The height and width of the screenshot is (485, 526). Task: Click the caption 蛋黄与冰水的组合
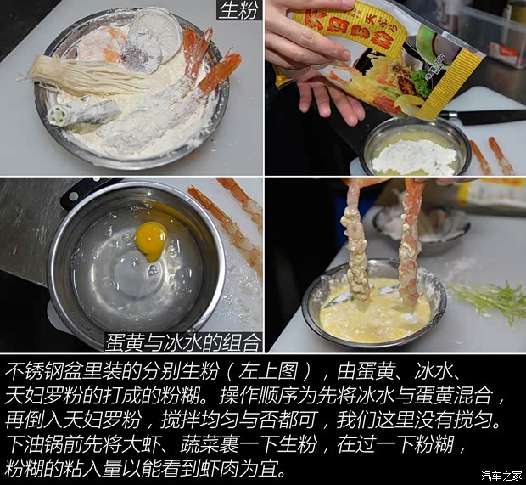point(182,341)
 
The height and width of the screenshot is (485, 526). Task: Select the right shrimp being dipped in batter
point(411,242)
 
